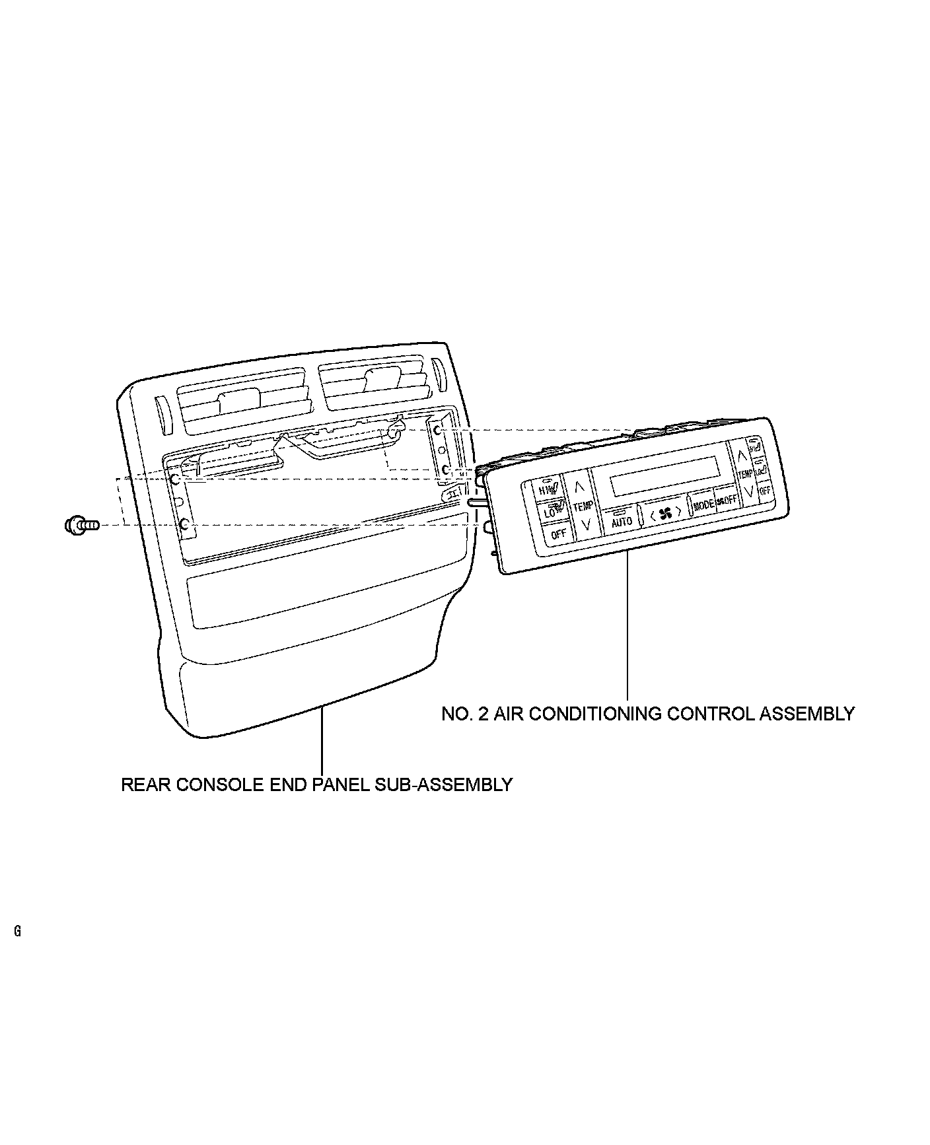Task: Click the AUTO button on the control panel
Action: (622, 520)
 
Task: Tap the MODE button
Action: (703, 505)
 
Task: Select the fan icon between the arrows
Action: (664, 513)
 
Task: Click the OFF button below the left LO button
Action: (558, 534)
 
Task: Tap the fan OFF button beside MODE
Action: (727, 500)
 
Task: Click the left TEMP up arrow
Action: (580, 487)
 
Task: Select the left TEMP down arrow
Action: (585, 526)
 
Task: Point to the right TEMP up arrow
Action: (742, 454)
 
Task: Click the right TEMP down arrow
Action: (748, 491)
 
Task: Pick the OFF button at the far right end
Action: (765, 491)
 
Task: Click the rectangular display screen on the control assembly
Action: (664, 476)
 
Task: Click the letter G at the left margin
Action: (17, 932)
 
